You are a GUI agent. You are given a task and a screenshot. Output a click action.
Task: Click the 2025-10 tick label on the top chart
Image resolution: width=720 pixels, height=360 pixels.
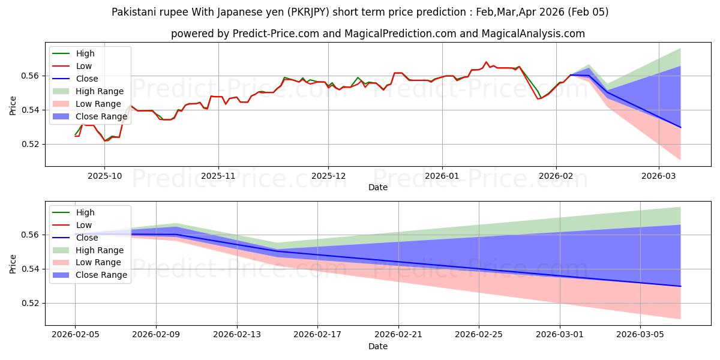pyautogui.click(x=104, y=176)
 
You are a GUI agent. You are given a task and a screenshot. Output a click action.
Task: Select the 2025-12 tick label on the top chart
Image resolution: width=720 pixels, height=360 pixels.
pyautogui.click(x=328, y=176)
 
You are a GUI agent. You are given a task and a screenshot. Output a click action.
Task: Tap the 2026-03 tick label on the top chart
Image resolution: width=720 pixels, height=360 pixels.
pyautogui.click(x=659, y=176)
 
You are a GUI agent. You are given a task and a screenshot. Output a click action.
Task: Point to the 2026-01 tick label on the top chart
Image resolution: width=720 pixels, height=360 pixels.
pyautogui.click(x=442, y=176)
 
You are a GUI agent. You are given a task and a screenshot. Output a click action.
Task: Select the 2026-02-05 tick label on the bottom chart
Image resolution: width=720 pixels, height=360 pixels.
pyautogui.click(x=75, y=335)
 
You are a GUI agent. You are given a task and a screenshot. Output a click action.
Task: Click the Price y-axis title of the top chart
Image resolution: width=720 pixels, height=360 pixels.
pyautogui.click(x=13, y=105)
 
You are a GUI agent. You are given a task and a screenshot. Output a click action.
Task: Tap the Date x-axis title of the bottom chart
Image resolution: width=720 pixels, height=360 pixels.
pyautogui.click(x=378, y=346)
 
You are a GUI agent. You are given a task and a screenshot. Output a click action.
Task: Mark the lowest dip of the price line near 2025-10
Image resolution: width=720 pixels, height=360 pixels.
pyautogui.click(x=106, y=140)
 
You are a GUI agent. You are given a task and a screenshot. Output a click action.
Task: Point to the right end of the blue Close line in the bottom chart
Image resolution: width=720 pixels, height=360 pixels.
pyautogui.click(x=680, y=286)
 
